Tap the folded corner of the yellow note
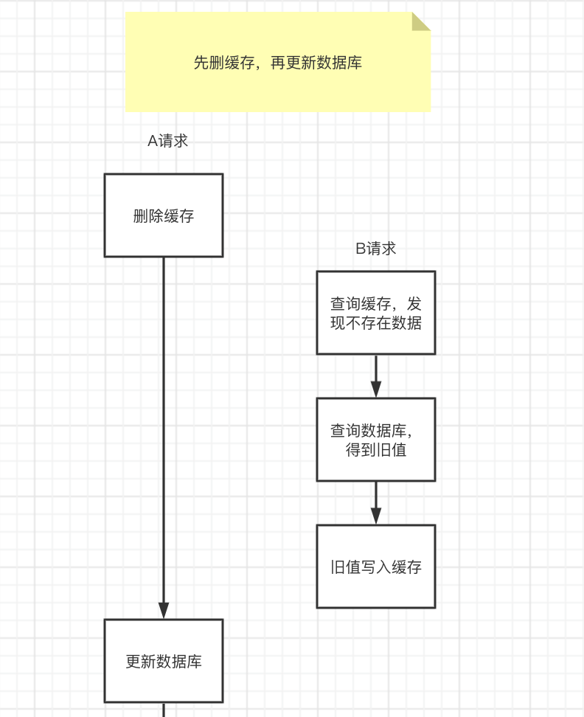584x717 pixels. (x=420, y=21)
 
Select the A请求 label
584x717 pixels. (x=168, y=141)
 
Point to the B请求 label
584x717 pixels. (x=376, y=249)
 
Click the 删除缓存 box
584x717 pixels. (x=164, y=215)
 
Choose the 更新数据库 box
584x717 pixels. (x=164, y=661)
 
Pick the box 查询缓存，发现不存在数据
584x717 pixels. (x=376, y=313)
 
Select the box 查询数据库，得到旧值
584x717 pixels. (x=376, y=440)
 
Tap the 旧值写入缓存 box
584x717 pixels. (x=376, y=567)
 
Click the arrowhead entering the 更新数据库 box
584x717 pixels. (x=164, y=611)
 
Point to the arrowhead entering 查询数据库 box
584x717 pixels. (x=376, y=389)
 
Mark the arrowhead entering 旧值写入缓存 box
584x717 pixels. (x=376, y=516)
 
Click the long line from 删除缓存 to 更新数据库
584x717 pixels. (x=164, y=428)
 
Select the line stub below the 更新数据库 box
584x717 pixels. (x=164, y=710)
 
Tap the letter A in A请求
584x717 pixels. (x=153, y=141)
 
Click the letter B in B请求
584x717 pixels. (x=361, y=249)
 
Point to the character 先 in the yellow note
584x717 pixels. (x=201, y=63)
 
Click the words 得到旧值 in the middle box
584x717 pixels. (x=376, y=449)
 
